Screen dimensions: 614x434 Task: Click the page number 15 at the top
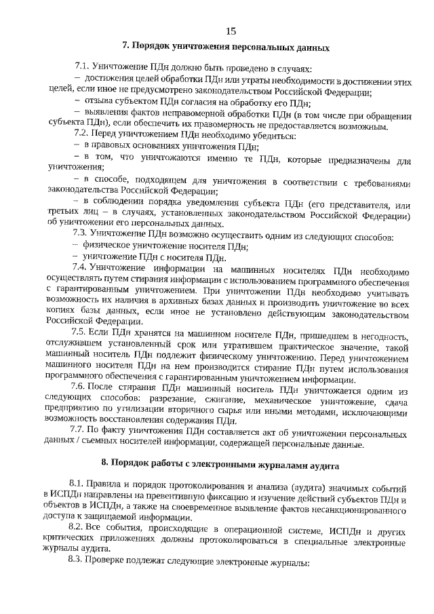[x=231, y=31]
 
